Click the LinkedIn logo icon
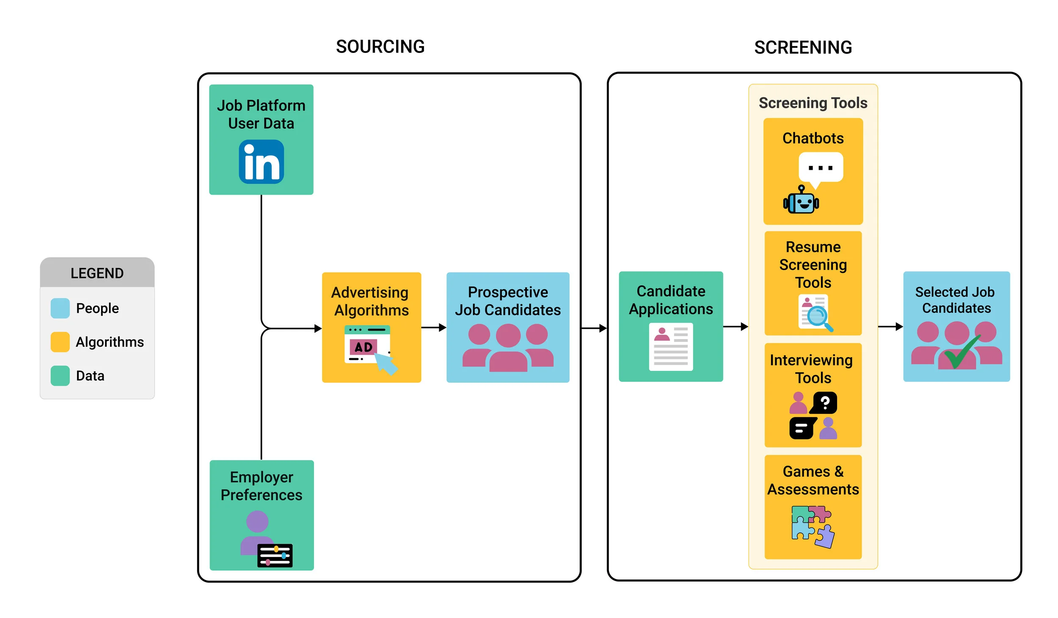261,162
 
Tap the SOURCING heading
380,47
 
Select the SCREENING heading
803,47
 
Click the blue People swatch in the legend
60,308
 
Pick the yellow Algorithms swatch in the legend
60,342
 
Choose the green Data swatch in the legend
60,376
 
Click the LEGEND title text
97,273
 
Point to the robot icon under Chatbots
801,201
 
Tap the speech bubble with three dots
821,168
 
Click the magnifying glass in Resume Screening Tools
818,317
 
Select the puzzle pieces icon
813,526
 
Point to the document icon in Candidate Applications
671,347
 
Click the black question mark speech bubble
824,403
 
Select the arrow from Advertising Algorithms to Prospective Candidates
434,327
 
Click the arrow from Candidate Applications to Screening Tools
736,326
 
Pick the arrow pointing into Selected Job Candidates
890,326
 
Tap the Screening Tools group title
813,103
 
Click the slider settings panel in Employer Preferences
275,555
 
